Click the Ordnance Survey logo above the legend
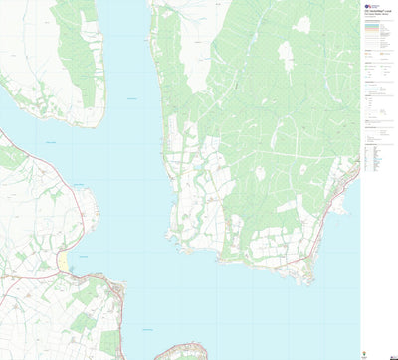367,6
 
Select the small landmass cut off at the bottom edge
179,352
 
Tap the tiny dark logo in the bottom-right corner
391,354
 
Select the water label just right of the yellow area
85,257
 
